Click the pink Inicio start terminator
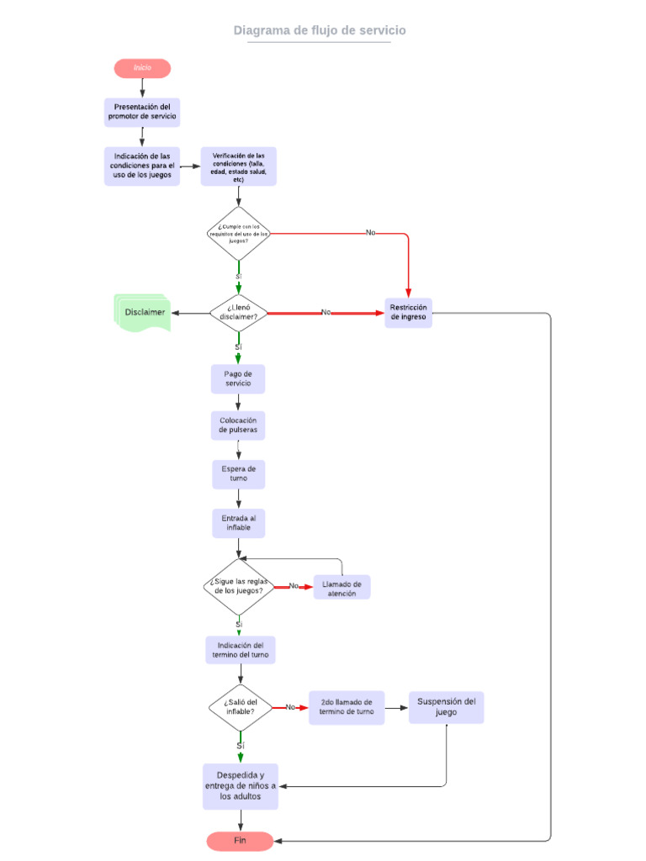[142, 68]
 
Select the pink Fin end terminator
[240, 841]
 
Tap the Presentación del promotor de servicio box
[142, 112]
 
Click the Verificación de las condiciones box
[238, 166]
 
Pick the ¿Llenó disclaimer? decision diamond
[238, 313]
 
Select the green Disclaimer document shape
[143, 312]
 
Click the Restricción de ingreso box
[408, 313]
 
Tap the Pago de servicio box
[238, 378]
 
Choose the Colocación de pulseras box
[238, 425]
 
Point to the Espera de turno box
[238, 473]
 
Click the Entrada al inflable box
[238, 523]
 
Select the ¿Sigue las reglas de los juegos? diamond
[239, 586]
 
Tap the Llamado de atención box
[342, 587]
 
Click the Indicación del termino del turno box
[241, 650]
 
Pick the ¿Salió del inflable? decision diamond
[241, 707]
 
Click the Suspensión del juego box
[446, 707]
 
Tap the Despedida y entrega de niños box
[241, 786]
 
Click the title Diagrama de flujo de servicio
[320, 31]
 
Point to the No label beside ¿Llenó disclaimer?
[326, 312]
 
